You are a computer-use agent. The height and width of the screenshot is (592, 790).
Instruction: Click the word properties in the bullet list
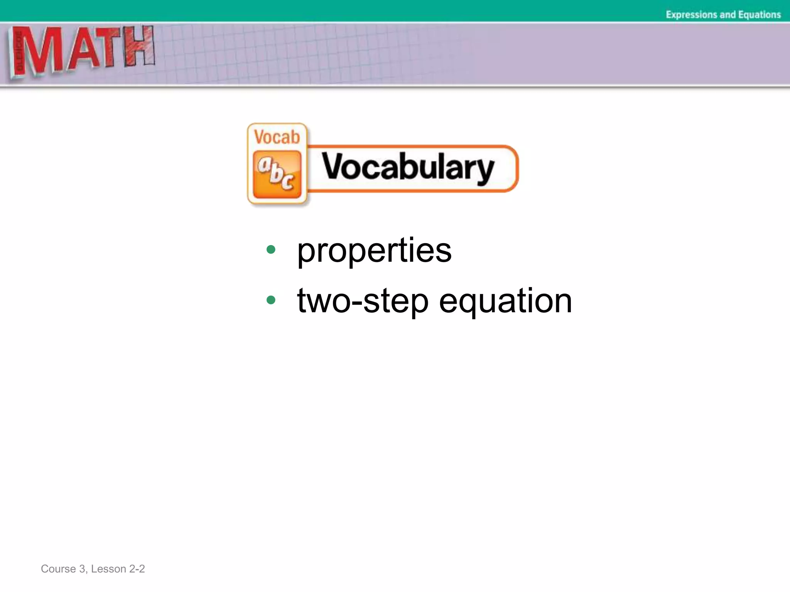[374, 251]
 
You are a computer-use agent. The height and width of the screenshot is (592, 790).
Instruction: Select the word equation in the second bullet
[505, 301]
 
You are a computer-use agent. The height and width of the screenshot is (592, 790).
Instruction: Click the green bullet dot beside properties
[271, 249]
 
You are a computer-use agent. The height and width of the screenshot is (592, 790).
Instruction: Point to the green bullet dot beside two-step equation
[271, 299]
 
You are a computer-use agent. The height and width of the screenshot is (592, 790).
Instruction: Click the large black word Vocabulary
[408, 168]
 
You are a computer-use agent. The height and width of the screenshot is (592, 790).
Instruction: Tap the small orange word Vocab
[277, 137]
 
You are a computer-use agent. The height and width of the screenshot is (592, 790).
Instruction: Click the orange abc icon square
[277, 174]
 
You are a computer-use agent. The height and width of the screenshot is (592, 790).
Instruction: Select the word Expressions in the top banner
[692, 15]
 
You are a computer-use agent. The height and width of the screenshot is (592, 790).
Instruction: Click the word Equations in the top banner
[759, 15]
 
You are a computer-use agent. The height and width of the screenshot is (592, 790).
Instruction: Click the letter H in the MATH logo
[139, 46]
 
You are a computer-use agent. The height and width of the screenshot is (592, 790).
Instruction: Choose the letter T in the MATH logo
[109, 48]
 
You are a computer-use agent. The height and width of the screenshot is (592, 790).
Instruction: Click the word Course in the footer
[58, 569]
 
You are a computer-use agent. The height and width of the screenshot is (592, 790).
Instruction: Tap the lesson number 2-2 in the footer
[137, 569]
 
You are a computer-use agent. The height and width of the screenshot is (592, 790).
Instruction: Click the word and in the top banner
[728, 15]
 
